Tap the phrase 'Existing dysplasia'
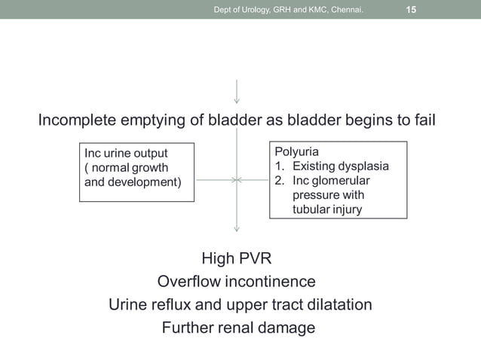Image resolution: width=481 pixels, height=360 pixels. click(x=341, y=166)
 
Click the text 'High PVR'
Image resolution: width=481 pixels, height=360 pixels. click(x=236, y=259)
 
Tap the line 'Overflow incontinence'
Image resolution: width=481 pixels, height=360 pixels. click(x=236, y=282)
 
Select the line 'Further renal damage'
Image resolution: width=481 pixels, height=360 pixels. click(x=238, y=328)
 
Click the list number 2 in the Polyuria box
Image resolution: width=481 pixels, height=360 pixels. click(x=279, y=180)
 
